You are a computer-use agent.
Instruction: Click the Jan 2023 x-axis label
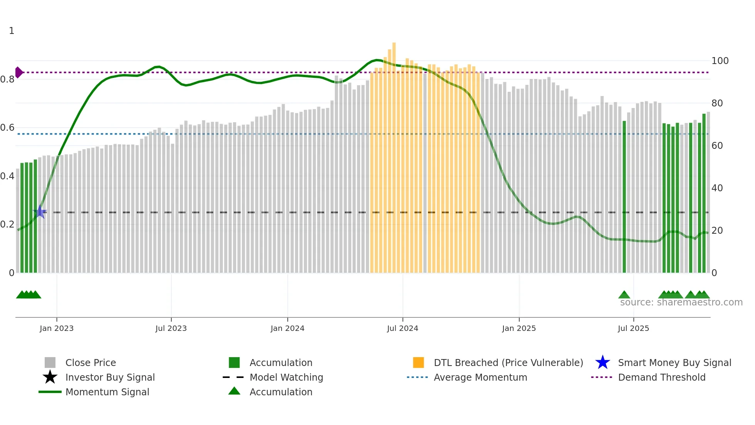[x=56, y=328]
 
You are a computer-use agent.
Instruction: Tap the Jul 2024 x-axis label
[x=403, y=328]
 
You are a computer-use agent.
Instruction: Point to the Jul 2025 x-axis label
[x=633, y=328]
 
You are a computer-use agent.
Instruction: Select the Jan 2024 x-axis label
[x=287, y=328]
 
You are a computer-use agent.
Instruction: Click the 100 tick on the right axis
[x=720, y=61]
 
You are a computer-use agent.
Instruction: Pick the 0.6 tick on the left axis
[x=7, y=128]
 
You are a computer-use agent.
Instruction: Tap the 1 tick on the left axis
[x=12, y=31]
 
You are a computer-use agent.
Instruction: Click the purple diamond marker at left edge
[x=18, y=72]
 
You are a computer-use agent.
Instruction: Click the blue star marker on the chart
[x=40, y=212]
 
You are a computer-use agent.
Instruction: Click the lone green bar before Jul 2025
[x=624, y=197]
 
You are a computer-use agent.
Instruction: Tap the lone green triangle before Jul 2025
[x=624, y=295]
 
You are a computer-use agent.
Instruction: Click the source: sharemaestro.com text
[x=681, y=302]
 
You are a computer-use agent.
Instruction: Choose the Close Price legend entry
[x=90, y=363]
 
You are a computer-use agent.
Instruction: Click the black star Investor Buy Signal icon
[x=50, y=377]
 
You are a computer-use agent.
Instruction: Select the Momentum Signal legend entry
[x=107, y=392]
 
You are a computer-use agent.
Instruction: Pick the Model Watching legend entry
[x=286, y=377]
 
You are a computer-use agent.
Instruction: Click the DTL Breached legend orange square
[x=418, y=363]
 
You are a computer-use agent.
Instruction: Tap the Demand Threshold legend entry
[x=661, y=377]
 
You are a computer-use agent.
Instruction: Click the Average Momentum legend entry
[x=480, y=377]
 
